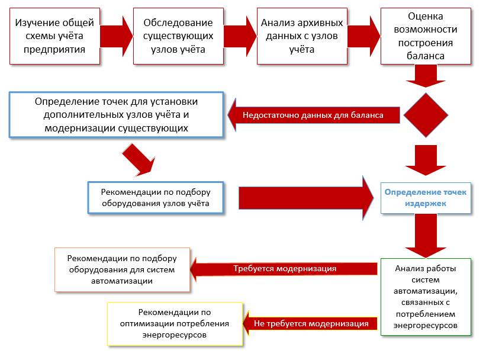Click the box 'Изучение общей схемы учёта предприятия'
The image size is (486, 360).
point(54,36)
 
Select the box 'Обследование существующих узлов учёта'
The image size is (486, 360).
point(178,36)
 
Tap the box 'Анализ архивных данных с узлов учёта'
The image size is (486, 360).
point(302,36)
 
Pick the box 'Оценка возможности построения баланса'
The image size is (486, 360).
point(426,36)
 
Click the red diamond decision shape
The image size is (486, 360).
point(426,115)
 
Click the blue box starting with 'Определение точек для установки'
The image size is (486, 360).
point(117,115)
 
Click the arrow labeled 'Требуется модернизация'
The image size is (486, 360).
point(284,269)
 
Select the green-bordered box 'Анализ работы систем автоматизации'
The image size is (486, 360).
point(426,297)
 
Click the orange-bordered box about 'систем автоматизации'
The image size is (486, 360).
point(123,269)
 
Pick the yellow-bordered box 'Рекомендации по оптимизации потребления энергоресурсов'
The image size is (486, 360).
point(175,324)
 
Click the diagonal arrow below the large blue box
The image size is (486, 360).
point(139,162)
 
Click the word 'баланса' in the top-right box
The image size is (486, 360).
point(426,56)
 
